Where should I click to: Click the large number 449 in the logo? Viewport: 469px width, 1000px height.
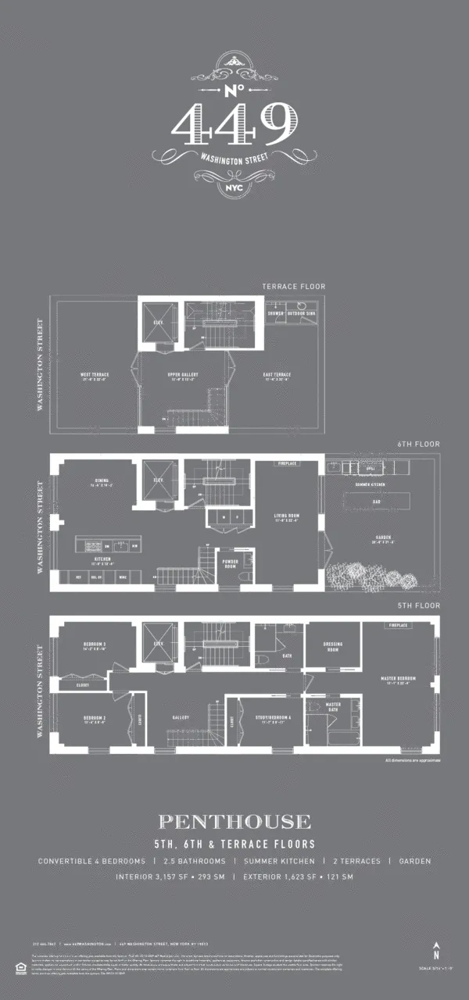pyautogui.click(x=234, y=124)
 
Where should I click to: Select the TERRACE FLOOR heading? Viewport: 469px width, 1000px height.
pyautogui.click(x=294, y=287)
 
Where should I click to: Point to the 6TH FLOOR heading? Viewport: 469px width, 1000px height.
pyautogui.click(x=418, y=444)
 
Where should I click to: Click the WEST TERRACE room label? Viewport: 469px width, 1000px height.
pyautogui.click(x=95, y=375)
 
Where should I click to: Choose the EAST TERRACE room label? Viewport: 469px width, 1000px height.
pyautogui.click(x=277, y=375)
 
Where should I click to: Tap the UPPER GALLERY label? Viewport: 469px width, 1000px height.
pyautogui.click(x=183, y=375)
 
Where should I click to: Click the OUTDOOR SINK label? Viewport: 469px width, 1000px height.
pyautogui.click(x=301, y=313)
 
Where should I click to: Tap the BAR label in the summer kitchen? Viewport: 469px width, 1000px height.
pyautogui.click(x=377, y=502)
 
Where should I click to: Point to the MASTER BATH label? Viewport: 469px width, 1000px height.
pyautogui.click(x=333, y=706)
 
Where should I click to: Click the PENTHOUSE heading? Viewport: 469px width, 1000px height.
pyautogui.click(x=234, y=821)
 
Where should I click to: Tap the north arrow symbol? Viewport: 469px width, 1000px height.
pyautogui.click(x=437, y=951)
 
